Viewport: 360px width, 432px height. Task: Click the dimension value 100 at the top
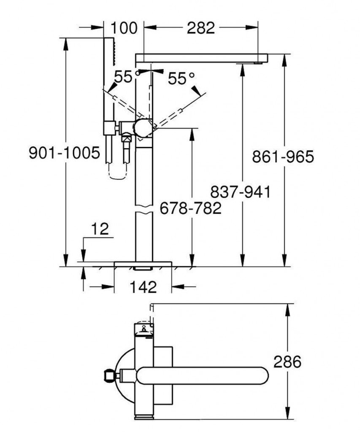(124, 28)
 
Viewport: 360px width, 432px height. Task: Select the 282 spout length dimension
(200, 28)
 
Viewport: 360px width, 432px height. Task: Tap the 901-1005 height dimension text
(64, 153)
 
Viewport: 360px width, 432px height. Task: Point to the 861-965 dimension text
(283, 157)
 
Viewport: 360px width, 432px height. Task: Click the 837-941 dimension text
(241, 192)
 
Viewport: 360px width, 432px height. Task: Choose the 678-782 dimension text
(191, 208)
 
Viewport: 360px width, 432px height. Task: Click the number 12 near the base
(100, 229)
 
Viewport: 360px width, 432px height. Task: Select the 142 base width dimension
(143, 287)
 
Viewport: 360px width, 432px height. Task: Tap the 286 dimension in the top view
(287, 362)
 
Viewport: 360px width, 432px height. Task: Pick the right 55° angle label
(181, 79)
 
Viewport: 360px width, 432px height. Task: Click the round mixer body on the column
(143, 128)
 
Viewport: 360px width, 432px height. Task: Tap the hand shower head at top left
(108, 51)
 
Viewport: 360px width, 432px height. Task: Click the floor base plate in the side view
(143, 264)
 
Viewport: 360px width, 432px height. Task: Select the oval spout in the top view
(202, 375)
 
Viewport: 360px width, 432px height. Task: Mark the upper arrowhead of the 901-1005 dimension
(66, 44)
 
